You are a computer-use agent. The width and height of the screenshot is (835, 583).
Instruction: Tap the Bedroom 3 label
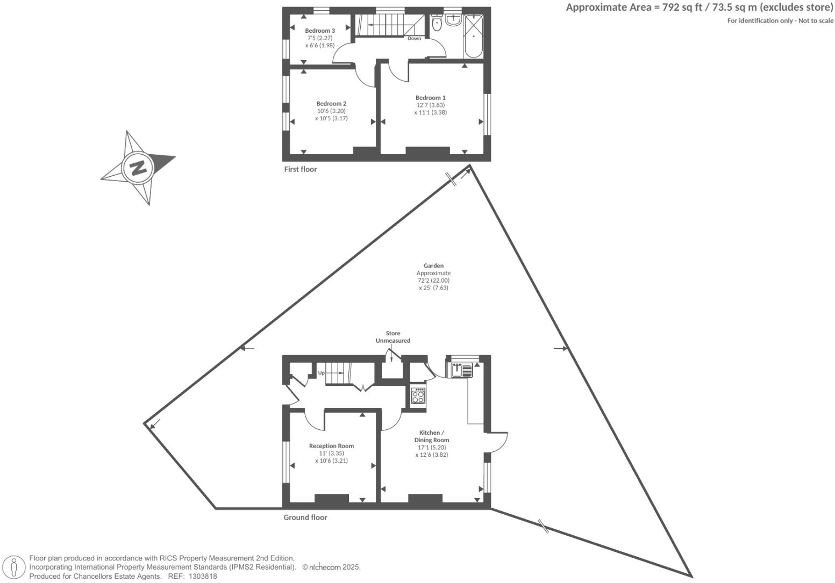(x=320, y=31)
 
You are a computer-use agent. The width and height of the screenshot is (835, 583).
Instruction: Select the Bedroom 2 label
(x=331, y=104)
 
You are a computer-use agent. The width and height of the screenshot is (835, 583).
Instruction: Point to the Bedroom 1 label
(x=430, y=98)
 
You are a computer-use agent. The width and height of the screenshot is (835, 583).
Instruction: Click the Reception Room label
(x=331, y=446)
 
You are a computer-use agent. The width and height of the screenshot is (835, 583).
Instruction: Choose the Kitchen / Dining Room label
(x=431, y=436)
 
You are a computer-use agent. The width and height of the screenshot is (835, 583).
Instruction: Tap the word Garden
(x=433, y=265)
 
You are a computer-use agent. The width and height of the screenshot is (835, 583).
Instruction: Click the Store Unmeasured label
(x=392, y=337)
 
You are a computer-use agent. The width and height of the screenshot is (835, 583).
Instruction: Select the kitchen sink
(x=460, y=370)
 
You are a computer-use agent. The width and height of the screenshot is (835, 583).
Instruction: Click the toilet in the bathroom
(x=436, y=23)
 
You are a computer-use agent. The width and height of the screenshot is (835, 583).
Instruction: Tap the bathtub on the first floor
(x=474, y=37)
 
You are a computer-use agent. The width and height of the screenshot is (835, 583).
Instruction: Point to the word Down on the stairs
(x=414, y=39)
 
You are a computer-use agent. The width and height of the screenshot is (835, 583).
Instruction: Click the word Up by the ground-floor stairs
(x=321, y=372)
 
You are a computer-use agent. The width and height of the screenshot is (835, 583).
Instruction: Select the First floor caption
(x=301, y=169)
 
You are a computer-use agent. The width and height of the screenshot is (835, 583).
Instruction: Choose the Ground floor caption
(x=305, y=517)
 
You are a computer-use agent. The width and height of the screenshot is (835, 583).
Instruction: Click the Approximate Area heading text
(x=700, y=8)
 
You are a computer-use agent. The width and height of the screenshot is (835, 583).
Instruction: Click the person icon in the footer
(x=15, y=567)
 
